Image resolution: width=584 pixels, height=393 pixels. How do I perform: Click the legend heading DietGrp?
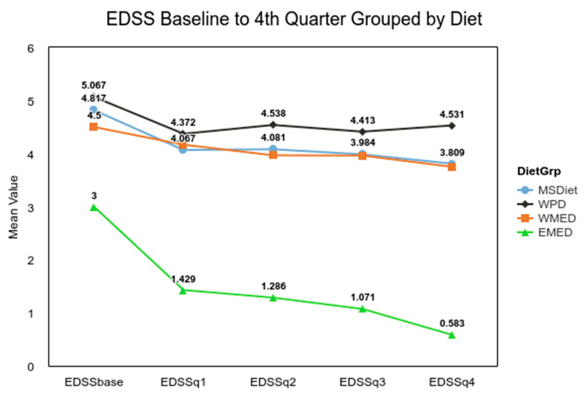(x=539, y=171)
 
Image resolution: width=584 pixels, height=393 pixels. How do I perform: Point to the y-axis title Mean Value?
(x=14, y=207)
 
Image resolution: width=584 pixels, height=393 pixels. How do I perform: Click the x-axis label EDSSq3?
(x=362, y=382)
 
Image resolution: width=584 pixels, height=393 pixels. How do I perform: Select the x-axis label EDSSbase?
(x=94, y=382)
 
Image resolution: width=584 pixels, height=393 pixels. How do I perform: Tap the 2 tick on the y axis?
(x=31, y=261)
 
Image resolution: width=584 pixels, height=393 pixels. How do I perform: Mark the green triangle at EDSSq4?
(x=452, y=335)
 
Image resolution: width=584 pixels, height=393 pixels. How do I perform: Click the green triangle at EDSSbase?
(x=94, y=208)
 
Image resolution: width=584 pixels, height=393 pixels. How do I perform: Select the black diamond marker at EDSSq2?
(x=273, y=125)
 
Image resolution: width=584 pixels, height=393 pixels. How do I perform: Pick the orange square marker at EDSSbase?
(x=94, y=127)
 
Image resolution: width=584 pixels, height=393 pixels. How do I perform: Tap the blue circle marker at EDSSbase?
(x=94, y=110)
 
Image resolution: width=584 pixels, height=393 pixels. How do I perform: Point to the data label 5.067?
(x=94, y=85)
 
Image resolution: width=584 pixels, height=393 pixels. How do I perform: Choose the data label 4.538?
(x=273, y=114)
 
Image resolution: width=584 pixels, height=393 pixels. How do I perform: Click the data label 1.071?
(x=363, y=298)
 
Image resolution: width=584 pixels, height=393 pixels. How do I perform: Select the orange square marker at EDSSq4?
(x=452, y=167)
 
